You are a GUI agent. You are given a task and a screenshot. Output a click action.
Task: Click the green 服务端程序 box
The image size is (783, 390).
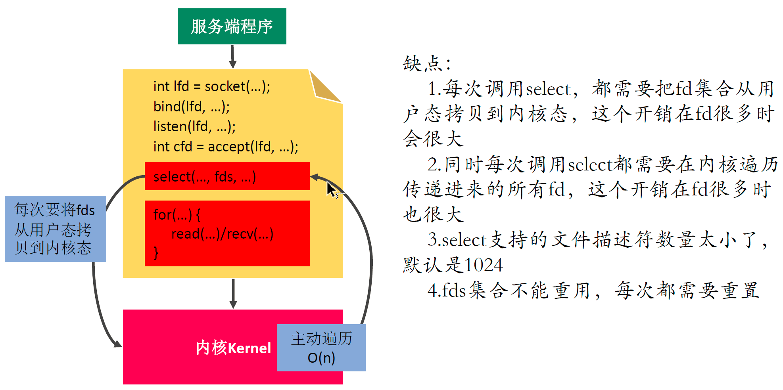[x=232, y=26]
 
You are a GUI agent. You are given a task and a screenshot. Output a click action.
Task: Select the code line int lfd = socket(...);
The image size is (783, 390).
[x=211, y=86]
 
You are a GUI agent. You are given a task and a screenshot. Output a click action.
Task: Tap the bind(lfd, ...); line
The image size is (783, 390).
[x=191, y=106]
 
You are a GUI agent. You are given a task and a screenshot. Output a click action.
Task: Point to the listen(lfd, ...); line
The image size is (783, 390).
[x=194, y=126]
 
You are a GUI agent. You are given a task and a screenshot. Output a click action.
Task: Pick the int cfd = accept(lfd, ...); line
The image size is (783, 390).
[x=225, y=147]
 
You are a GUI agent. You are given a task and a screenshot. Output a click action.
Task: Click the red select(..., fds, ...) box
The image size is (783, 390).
[x=227, y=176]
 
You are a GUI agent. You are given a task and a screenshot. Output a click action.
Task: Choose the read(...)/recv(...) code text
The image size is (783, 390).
[x=222, y=234]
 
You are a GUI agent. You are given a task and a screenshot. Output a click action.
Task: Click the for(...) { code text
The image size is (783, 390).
[x=177, y=215]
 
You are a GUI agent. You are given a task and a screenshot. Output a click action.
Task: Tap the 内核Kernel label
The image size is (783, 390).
[x=233, y=348]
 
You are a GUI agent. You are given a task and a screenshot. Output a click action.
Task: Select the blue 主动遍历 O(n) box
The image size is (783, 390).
[x=321, y=348]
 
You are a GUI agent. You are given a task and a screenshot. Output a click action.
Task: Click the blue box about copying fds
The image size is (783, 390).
[x=55, y=229]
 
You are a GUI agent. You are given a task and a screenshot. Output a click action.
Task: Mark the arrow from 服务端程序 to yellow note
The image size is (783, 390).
[x=233, y=56]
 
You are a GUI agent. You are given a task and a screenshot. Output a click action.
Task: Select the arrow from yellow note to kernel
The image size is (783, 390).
[x=233, y=293]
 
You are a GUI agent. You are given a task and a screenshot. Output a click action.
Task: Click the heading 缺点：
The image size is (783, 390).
[x=427, y=63]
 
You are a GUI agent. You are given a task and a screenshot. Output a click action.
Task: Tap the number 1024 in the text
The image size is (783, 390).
[x=484, y=265]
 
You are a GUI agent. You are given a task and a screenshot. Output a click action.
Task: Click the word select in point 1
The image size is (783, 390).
[x=549, y=89]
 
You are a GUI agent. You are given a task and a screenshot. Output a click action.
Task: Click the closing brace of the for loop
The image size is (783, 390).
[x=156, y=252]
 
